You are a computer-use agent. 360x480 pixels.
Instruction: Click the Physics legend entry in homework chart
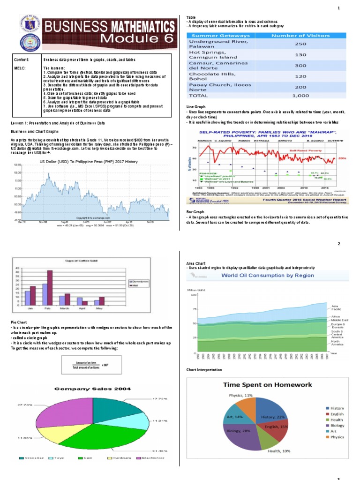point(337,437)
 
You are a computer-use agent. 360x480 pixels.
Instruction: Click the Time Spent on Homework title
point(267,384)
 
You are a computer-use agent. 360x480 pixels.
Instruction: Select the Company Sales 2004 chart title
point(93,389)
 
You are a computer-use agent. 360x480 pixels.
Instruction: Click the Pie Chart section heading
point(20,322)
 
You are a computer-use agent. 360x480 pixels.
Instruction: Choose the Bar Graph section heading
point(195,212)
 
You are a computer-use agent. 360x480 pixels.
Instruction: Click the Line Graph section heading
point(196,107)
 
